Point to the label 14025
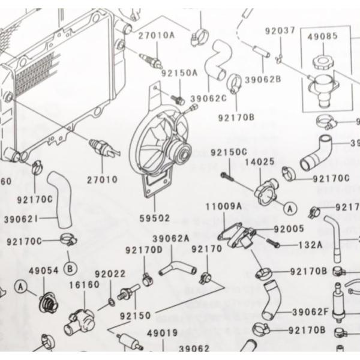click(259, 161)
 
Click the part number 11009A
click(223, 205)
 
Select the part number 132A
click(310, 245)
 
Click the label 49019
click(161, 332)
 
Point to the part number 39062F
click(310, 312)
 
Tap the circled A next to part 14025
click(289, 208)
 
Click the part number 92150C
click(228, 152)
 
